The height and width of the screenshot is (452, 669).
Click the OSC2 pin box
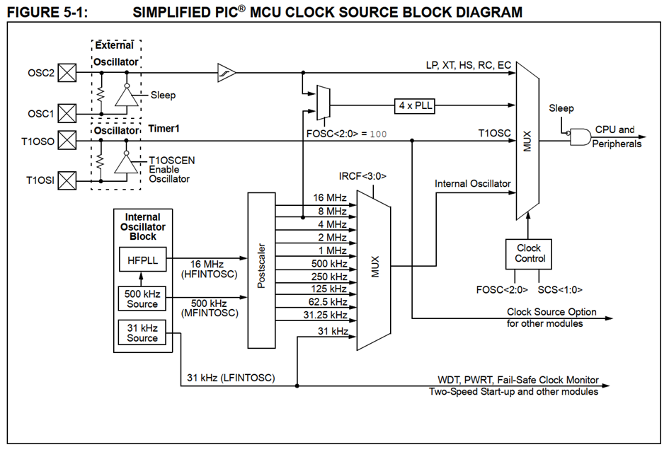[67, 72]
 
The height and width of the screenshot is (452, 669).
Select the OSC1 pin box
[67, 113]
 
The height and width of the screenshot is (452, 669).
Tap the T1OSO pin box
[67, 140]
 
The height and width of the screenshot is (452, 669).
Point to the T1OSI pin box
[67, 180]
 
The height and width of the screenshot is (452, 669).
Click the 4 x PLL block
[415, 105]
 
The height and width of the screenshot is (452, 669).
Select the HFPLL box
[142, 260]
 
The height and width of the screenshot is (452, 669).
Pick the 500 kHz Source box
[142, 299]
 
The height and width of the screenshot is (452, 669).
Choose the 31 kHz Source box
[142, 332]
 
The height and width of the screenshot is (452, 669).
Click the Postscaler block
[261, 270]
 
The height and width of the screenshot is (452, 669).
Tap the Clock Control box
[529, 254]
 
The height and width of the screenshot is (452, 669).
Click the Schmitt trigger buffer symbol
[227, 73]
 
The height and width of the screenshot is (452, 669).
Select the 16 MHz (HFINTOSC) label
[209, 269]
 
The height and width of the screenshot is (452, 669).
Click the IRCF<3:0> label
[362, 176]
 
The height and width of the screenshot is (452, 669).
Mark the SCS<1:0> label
[560, 290]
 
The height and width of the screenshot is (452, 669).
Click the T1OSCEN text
[171, 161]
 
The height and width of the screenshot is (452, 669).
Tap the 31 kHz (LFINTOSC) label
[231, 378]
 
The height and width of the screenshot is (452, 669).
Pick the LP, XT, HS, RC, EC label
[469, 65]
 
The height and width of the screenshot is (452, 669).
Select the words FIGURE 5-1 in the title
[47, 12]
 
